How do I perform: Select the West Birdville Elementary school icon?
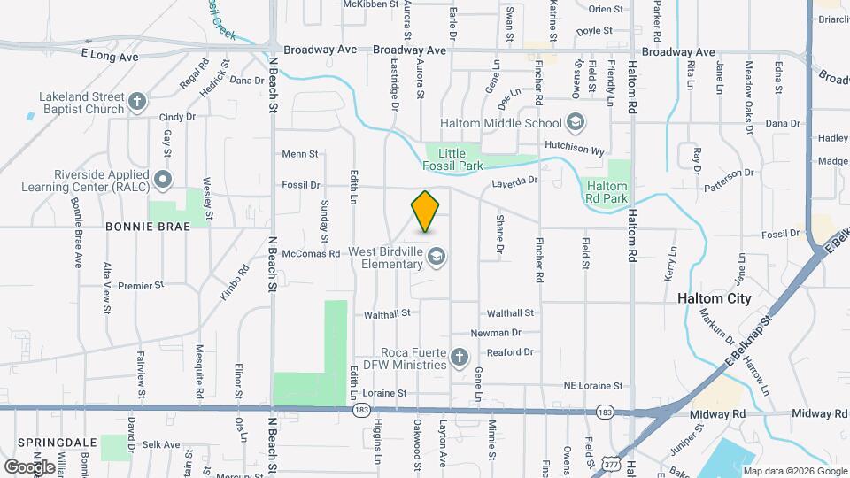(x=436, y=258)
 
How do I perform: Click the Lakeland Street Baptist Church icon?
(x=136, y=102)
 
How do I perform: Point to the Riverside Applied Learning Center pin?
(x=163, y=180)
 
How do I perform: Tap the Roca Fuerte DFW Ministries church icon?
(x=459, y=358)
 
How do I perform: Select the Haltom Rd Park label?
(x=607, y=192)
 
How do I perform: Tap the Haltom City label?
(x=714, y=298)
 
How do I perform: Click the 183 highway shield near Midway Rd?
(x=605, y=412)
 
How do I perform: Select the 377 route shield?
(x=610, y=462)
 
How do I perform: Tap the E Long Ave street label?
(x=110, y=57)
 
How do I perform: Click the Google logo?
(x=30, y=466)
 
